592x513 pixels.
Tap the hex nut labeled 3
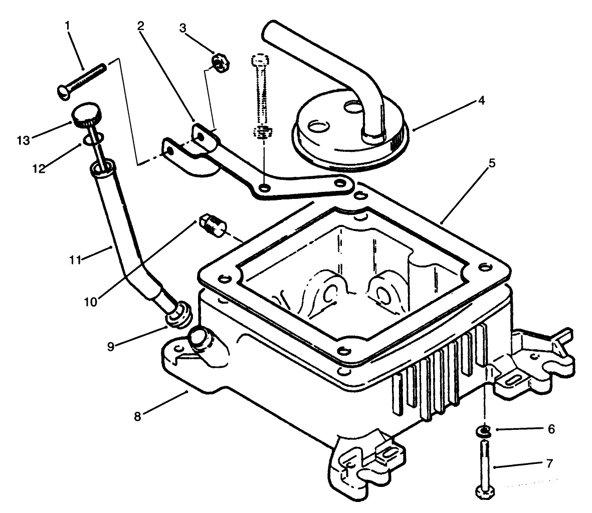tap(220, 63)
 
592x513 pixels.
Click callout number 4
tap(481, 100)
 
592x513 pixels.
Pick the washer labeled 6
tap(483, 429)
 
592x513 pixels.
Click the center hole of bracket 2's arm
tap(264, 187)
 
